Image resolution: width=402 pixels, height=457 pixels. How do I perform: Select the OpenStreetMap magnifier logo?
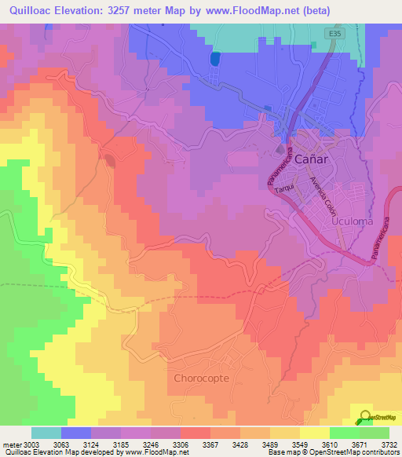(365, 418)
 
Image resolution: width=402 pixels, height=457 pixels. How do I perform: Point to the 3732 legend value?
(389, 444)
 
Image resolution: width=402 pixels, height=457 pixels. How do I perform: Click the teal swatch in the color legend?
(46, 433)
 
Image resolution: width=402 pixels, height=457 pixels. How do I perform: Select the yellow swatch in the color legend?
(314, 433)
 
